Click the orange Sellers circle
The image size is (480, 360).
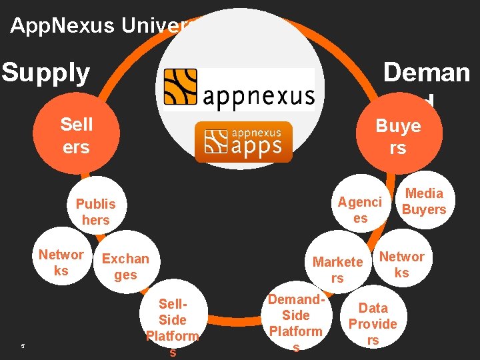tap(76, 135)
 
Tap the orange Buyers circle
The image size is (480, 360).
tap(398, 137)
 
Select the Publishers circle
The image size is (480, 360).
tap(95, 211)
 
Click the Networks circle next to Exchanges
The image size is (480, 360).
tap(61, 262)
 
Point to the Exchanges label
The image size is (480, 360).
tap(125, 266)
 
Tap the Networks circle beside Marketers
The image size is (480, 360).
tap(401, 264)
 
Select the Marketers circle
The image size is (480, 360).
tap(337, 269)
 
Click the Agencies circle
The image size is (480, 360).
tap(360, 209)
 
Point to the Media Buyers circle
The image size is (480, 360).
tap(424, 201)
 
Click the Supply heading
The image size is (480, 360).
tap(45, 73)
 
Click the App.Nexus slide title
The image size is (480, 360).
tap(100, 25)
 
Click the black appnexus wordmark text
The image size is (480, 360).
tap(258, 97)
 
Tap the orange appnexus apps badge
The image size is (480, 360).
tap(243, 141)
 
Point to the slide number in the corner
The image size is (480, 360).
tap(23, 345)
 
